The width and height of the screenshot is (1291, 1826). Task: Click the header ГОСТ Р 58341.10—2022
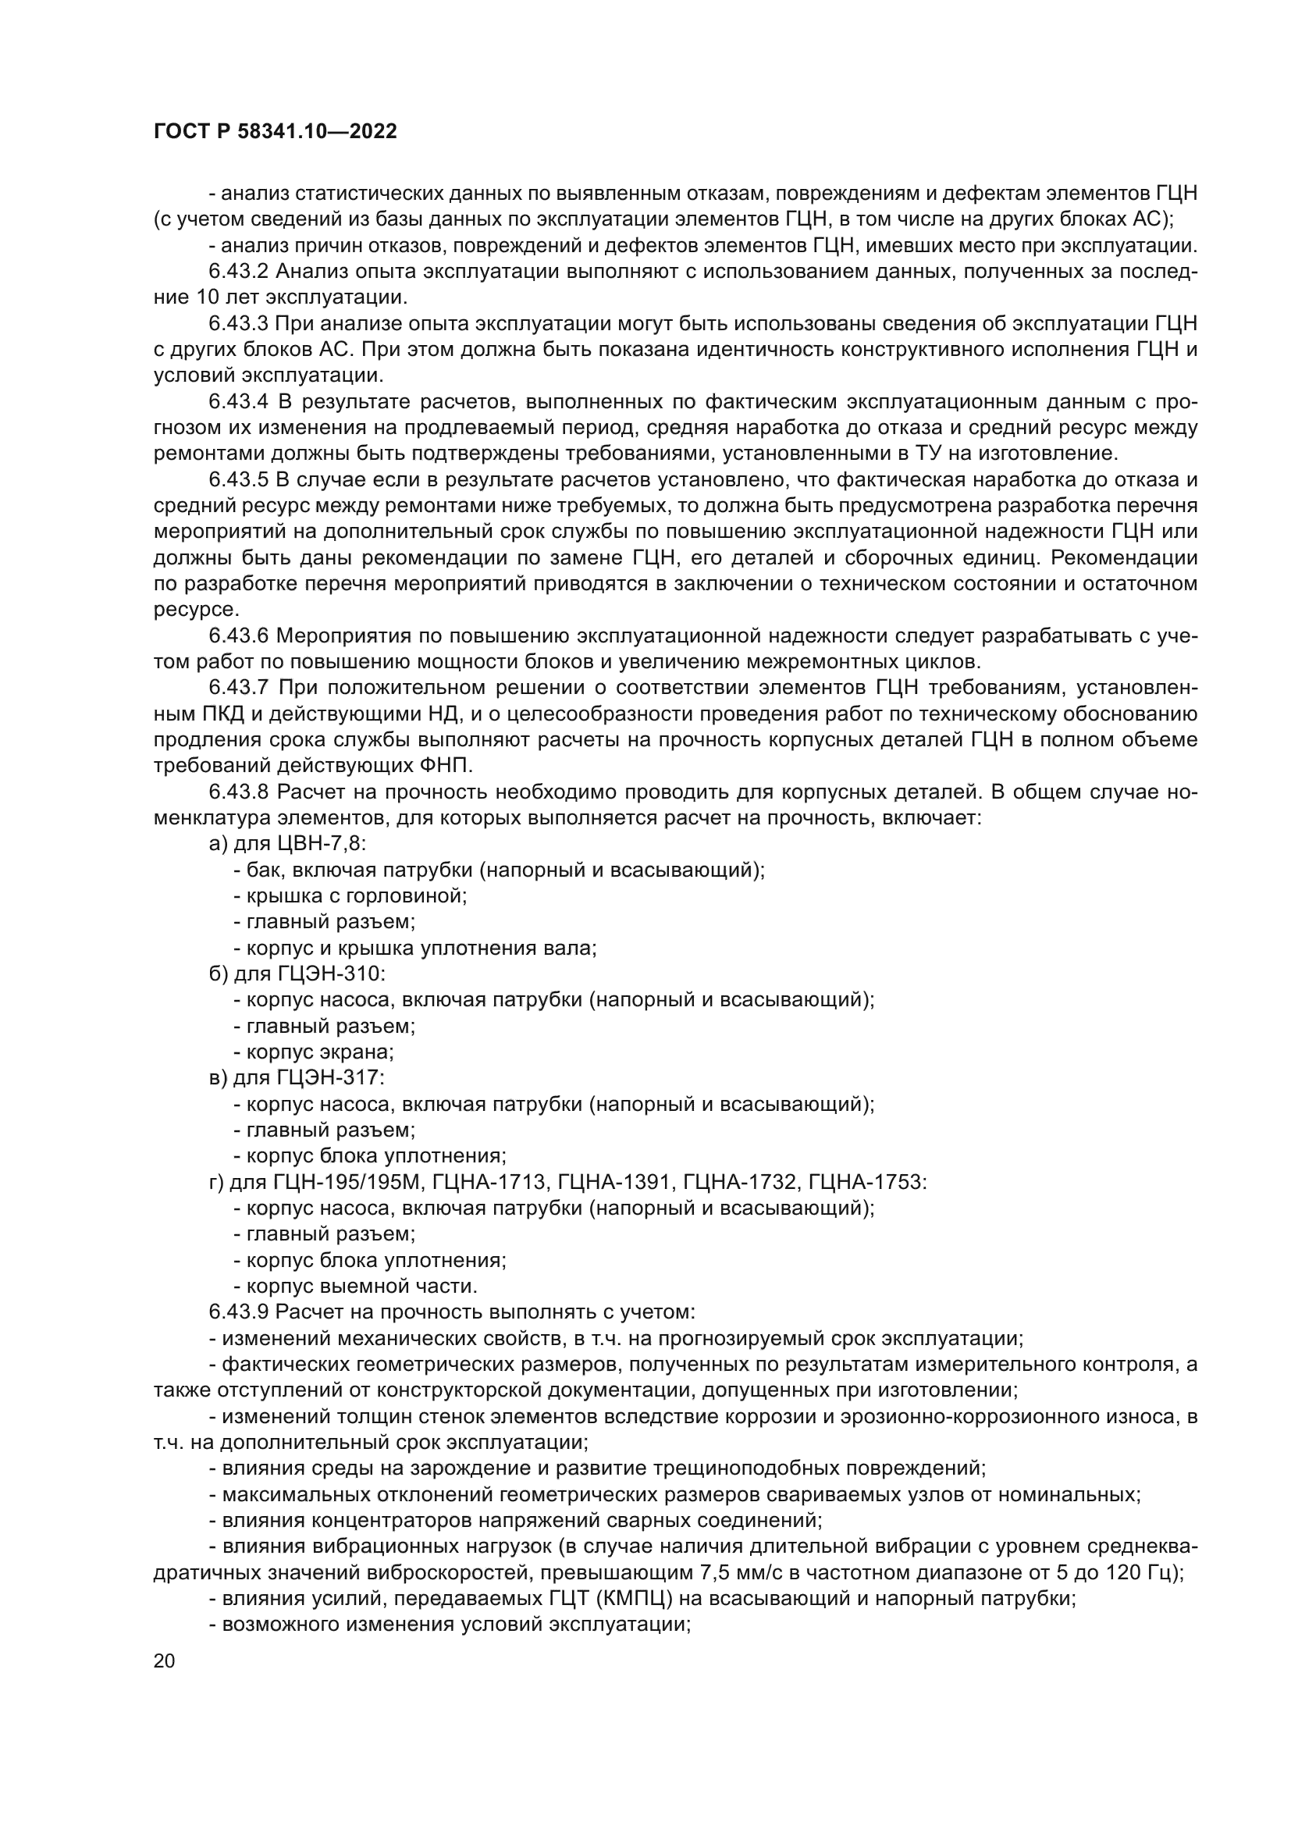coord(275,132)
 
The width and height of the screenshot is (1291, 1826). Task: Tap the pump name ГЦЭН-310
coord(332,974)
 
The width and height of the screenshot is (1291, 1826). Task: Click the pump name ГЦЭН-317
coord(332,1078)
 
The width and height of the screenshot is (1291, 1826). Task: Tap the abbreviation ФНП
coord(444,766)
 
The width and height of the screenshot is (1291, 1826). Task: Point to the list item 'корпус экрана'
coord(318,1052)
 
